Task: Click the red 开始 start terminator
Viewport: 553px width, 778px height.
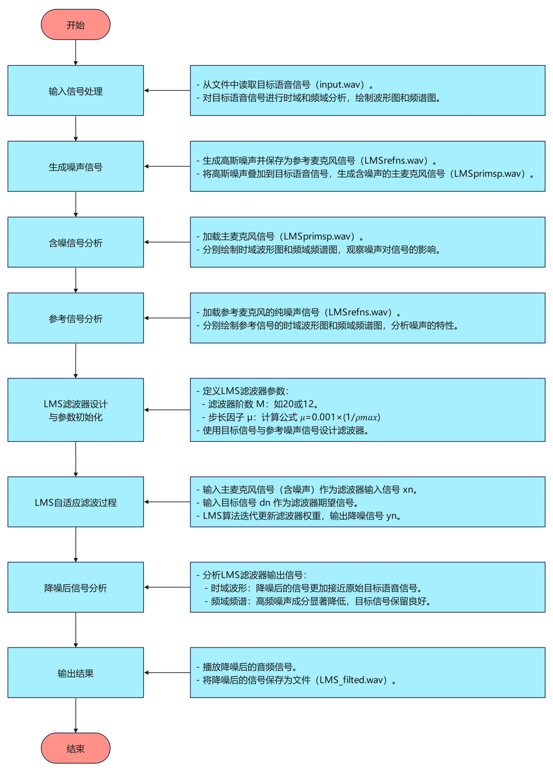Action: tap(75, 25)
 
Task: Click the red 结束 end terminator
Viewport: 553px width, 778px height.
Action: tap(75, 748)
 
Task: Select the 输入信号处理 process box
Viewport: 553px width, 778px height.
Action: tap(75, 91)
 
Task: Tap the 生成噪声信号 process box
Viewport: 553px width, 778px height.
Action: tap(75, 167)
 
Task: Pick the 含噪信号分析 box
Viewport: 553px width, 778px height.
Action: tap(75, 242)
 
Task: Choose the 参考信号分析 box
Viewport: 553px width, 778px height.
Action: tap(75, 318)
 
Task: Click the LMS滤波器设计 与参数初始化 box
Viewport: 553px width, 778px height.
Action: tap(75, 410)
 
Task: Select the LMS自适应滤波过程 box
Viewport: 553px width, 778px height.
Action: tap(75, 502)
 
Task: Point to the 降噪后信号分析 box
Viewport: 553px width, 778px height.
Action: tap(75, 588)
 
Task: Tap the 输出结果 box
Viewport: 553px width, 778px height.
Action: tap(75, 673)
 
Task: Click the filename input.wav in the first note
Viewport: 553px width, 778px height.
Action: tap(339, 84)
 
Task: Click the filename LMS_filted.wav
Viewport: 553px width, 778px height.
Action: tap(353, 680)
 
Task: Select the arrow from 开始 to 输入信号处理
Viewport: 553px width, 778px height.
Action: tap(75, 52)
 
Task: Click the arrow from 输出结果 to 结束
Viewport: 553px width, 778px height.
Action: tap(75, 715)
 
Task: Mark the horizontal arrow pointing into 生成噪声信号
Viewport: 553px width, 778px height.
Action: tap(167, 167)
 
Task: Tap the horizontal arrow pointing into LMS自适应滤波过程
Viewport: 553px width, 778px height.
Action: tap(167, 502)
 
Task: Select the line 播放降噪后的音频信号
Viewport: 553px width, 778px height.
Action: tap(249, 667)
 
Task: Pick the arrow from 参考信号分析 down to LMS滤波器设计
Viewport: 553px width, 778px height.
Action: tap(75, 360)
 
